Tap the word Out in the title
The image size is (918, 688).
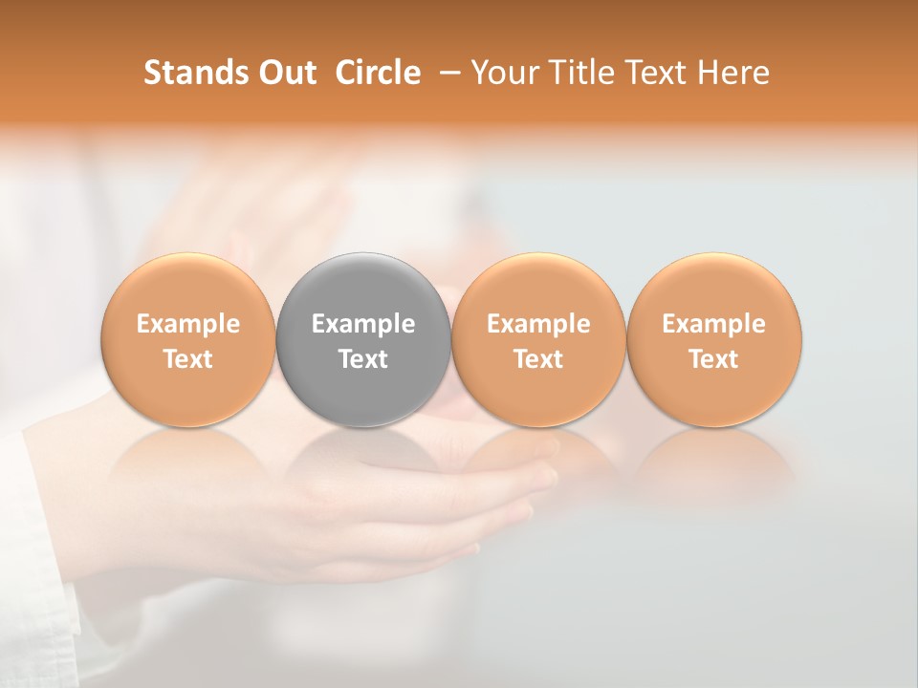[x=285, y=73]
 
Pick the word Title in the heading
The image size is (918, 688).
[x=575, y=73]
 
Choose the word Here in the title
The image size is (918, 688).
[x=731, y=73]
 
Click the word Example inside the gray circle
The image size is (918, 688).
[x=363, y=324]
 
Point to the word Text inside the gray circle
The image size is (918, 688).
[x=363, y=359]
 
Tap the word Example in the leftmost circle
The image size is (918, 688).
[x=187, y=324]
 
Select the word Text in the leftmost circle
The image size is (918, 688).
[x=187, y=359]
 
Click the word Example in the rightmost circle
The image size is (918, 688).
[x=714, y=324]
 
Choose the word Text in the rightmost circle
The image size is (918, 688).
[x=714, y=359]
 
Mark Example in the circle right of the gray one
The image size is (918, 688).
[x=538, y=324]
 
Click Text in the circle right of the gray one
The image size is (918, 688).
[x=538, y=359]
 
